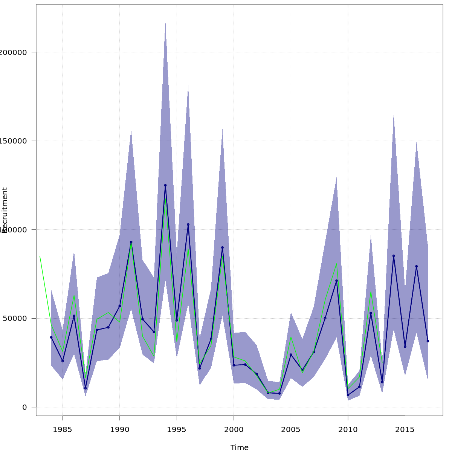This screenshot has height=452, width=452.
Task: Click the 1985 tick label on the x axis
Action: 63,429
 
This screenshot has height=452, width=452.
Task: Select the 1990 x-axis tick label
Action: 120,429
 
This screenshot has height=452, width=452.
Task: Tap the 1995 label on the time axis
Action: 177,429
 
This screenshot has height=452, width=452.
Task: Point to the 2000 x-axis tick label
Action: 234,429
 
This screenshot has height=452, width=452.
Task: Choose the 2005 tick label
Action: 291,429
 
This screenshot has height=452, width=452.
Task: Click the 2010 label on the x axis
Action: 348,429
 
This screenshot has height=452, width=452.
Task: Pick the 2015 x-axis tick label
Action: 405,429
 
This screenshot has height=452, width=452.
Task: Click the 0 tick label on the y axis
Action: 24,407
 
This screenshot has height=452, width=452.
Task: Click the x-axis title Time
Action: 240,447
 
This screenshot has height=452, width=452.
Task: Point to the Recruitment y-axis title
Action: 5,210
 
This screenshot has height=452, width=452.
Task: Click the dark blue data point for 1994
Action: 165,185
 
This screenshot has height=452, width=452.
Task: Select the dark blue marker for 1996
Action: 188,224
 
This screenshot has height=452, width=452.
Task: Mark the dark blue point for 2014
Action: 394,256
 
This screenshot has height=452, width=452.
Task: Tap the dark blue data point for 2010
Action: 348,395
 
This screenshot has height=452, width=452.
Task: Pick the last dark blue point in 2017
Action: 428,341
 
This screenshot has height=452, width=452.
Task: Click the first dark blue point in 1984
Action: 51,337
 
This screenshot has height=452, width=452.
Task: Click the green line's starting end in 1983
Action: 40,256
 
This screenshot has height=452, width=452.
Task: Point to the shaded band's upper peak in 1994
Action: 165,24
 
